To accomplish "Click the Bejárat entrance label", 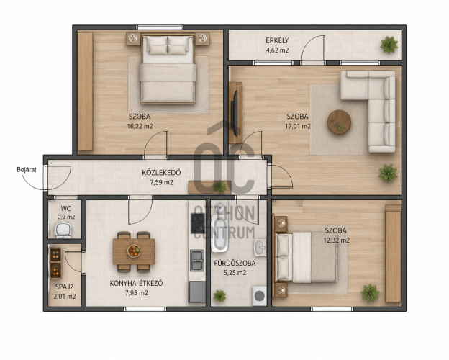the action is click(x=27, y=170).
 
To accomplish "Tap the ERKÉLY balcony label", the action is click(x=277, y=40).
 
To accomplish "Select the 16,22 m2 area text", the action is click(x=140, y=126).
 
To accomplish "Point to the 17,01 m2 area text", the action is click(x=298, y=126).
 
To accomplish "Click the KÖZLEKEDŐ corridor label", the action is click(x=161, y=173).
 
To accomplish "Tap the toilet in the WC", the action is click(x=63, y=230).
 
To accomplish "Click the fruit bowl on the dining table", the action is click(x=134, y=251).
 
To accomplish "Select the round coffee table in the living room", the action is click(x=339, y=122).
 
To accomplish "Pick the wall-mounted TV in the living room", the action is click(x=235, y=113).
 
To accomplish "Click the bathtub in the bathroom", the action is click(x=220, y=233).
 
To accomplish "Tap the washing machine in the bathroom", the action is click(x=260, y=296).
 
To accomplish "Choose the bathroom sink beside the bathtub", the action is click(x=260, y=248).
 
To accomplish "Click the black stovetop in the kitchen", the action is click(x=198, y=223).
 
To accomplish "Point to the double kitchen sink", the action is click(x=197, y=260).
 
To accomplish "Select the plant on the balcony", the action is click(x=389, y=45).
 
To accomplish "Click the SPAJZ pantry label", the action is click(x=65, y=287).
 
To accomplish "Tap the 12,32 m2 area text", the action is click(x=337, y=240).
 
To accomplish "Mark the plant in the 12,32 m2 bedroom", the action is click(x=370, y=293).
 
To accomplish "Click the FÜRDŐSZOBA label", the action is click(x=235, y=263).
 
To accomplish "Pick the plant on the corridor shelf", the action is click(x=219, y=187).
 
